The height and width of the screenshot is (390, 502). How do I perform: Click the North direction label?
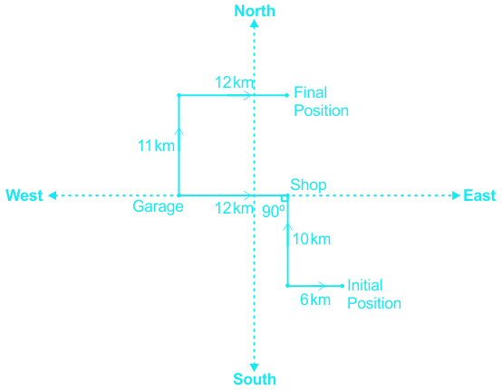(x=255, y=11)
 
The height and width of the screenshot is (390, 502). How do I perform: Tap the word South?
(x=255, y=379)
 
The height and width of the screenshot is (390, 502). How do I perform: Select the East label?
(x=479, y=195)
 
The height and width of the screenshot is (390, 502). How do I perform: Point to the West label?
(x=24, y=195)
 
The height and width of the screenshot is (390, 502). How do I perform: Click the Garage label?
(x=158, y=207)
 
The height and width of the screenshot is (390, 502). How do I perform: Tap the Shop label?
(x=308, y=185)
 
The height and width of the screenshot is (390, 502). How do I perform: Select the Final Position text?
(x=321, y=101)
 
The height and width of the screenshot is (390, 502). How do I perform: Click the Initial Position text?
(x=374, y=294)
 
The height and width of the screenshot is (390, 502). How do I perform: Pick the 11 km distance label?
(x=156, y=146)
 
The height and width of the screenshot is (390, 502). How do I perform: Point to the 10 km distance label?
(x=312, y=239)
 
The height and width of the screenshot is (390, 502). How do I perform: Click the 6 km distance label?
(x=315, y=300)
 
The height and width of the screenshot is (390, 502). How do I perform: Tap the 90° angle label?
(x=274, y=212)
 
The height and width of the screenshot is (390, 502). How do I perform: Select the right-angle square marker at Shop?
(x=284, y=199)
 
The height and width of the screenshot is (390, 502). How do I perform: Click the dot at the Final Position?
(x=287, y=95)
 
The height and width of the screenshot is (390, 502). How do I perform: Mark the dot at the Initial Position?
(x=343, y=286)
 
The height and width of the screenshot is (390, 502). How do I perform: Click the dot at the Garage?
(x=179, y=195)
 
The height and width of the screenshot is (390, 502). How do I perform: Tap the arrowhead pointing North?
(x=255, y=24)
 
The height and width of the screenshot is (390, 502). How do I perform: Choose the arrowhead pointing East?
(x=456, y=195)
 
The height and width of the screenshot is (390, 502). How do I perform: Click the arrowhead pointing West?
(x=53, y=195)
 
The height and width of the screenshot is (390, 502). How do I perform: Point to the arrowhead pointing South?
(x=255, y=367)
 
